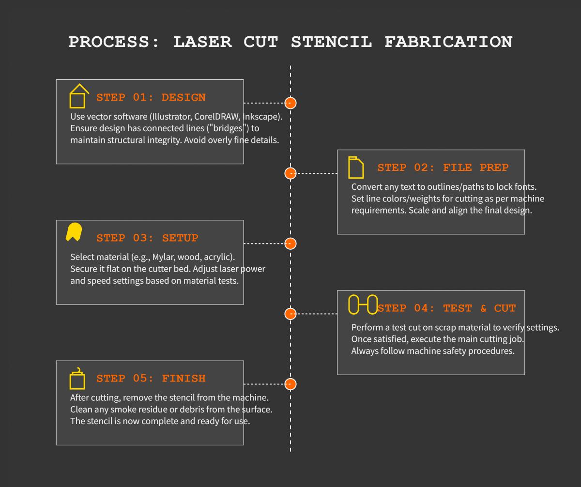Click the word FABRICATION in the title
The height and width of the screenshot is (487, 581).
pyautogui.click(x=448, y=42)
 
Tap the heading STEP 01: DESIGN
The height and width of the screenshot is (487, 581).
pyautogui.click(x=151, y=97)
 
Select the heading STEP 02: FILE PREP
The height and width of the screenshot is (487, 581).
pyautogui.click(x=443, y=168)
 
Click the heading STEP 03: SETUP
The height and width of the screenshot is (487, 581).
pyautogui.click(x=147, y=238)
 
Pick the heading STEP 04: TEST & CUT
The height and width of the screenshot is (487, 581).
pyautogui.click(x=446, y=308)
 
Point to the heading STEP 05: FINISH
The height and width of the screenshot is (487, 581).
pyautogui.click(x=151, y=379)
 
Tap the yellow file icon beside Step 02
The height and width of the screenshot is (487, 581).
pyautogui.click(x=356, y=167)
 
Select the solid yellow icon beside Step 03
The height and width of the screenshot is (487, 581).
pyautogui.click(x=74, y=232)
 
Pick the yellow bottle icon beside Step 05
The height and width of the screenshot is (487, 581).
pyautogui.click(x=77, y=378)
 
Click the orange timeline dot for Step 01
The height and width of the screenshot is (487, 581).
pyautogui.click(x=290, y=103)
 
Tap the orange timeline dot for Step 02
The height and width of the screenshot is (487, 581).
pyautogui.click(x=290, y=173)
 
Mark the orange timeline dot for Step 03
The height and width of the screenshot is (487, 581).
pyautogui.click(x=290, y=243)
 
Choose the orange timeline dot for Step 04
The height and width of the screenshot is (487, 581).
pyautogui.click(x=290, y=314)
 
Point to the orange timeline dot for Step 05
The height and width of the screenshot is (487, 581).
pyautogui.click(x=290, y=384)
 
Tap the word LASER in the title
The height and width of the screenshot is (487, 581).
pyautogui.click(x=202, y=42)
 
